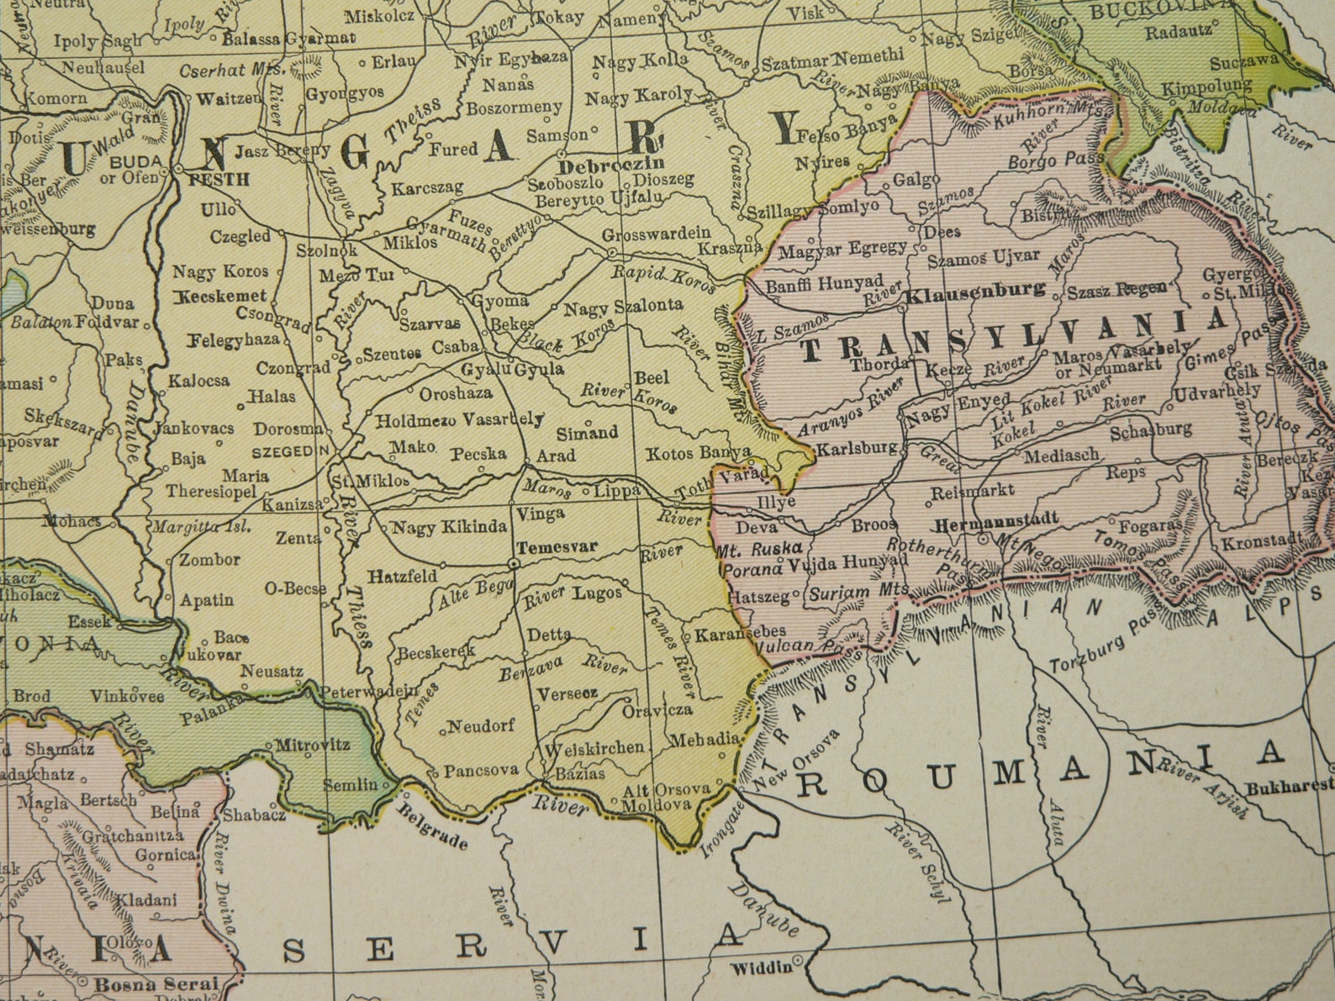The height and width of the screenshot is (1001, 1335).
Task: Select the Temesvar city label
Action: click(557, 547)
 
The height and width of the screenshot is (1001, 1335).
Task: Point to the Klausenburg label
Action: click(975, 291)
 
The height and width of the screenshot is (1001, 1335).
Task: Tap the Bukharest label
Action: click(1290, 788)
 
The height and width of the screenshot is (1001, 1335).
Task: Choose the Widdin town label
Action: click(761, 967)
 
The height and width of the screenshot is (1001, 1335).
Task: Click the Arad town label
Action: click(556, 456)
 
